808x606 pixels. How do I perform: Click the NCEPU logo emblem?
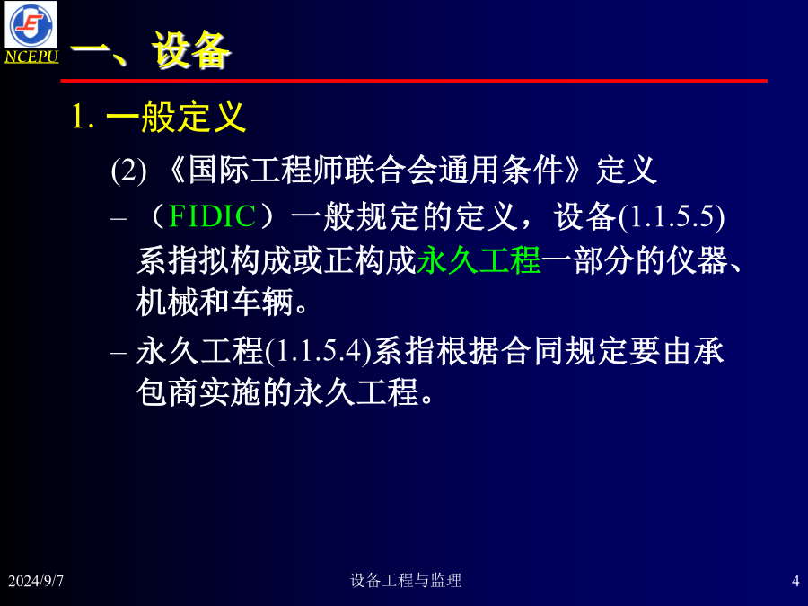click(x=31, y=25)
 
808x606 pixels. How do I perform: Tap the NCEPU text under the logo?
click(x=31, y=57)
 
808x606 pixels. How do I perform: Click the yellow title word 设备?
click(x=190, y=50)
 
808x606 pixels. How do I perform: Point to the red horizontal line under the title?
click(x=414, y=81)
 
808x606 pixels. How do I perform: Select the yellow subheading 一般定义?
click(x=176, y=117)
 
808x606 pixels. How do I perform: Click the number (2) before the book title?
click(x=128, y=170)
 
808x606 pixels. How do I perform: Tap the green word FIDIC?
click(x=212, y=215)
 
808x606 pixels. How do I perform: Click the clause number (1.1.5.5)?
click(x=672, y=216)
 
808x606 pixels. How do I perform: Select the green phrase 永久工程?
click(x=479, y=260)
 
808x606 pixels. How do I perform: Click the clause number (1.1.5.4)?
click(x=319, y=352)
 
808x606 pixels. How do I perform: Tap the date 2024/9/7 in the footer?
click(x=36, y=581)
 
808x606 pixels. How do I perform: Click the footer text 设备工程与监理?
click(x=406, y=580)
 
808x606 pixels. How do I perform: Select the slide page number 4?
click(x=795, y=581)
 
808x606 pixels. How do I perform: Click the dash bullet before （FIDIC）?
click(x=119, y=218)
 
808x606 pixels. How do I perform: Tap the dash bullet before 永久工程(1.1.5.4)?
click(x=119, y=354)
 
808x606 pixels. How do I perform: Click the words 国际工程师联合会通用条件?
click(x=375, y=170)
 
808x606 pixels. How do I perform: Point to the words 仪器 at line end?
click(x=698, y=260)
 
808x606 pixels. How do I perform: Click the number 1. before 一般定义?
click(x=83, y=117)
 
